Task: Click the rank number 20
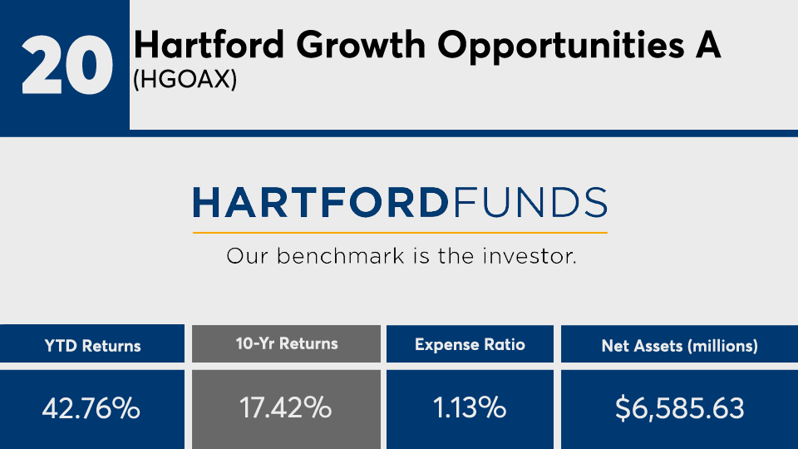tap(66, 65)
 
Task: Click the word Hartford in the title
tap(209, 45)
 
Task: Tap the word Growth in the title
tap(360, 45)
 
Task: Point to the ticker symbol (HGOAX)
tap(185, 80)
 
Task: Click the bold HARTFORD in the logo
tap(321, 203)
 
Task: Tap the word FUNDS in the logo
tap(530, 203)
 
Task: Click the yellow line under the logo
tap(400, 233)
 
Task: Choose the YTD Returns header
tap(92, 346)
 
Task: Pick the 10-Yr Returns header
tap(287, 343)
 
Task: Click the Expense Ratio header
tap(470, 344)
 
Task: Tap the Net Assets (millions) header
tap(679, 346)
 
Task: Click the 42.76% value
tap(91, 408)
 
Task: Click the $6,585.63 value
tap(679, 408)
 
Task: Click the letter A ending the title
tap(708, 45)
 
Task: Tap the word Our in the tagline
tap(247, 256)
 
